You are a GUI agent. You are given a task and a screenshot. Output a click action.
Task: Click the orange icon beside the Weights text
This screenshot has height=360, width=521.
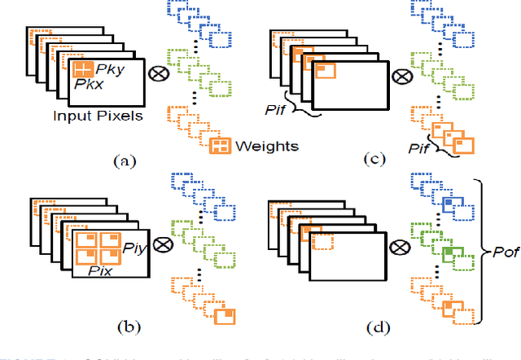(x=220, y=147)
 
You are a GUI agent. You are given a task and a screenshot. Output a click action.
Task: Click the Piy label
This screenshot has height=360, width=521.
(x=132, y=244)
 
